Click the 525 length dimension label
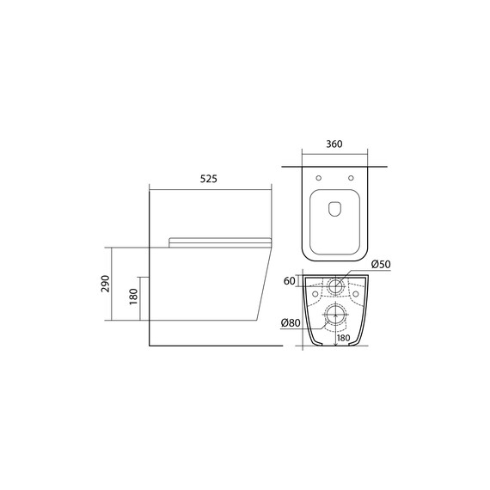click(x=208, y=179)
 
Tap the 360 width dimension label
click(x=334, y=144)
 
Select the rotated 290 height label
click(x=106, y=284)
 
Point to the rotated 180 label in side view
click(x=133, y=297)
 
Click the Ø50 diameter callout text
click(x=381, y=265)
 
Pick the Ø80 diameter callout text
click(x=291, y=323)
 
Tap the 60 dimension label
click(x=290, y=281)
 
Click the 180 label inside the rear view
click(x=343, y=338)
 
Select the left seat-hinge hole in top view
click(x=319, y=178)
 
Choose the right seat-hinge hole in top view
click(x=351, y=178)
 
